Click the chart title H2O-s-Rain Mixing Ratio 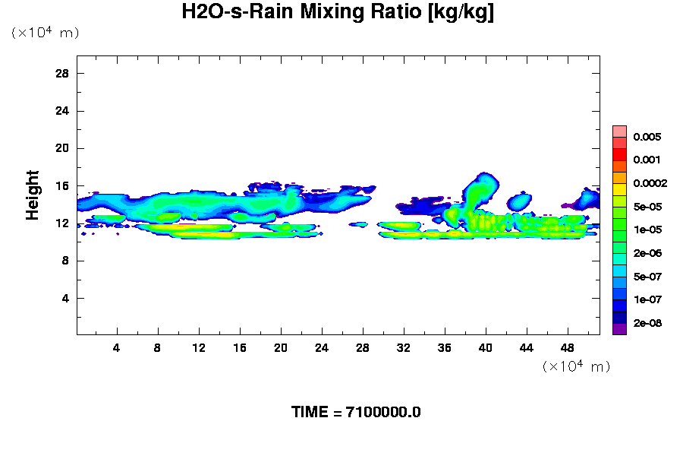(x=338, y=13)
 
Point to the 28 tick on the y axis (x=63, y=73)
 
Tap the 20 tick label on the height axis (x=63, y=148)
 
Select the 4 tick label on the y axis (x=66, y=298)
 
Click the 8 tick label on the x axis (x=158, y=347)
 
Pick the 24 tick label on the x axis (x=322, y=347)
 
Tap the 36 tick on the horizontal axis (x=445, y=347)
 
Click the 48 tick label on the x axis (x=568, y=347)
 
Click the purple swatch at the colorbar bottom (x=619, y=329)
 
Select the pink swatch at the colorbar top (x=619, y=131)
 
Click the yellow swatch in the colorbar (x=619, y=189)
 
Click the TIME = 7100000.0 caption (x=356, y=413)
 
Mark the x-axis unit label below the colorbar (x=576, y=366)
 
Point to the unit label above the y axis (x=45, y=33)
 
